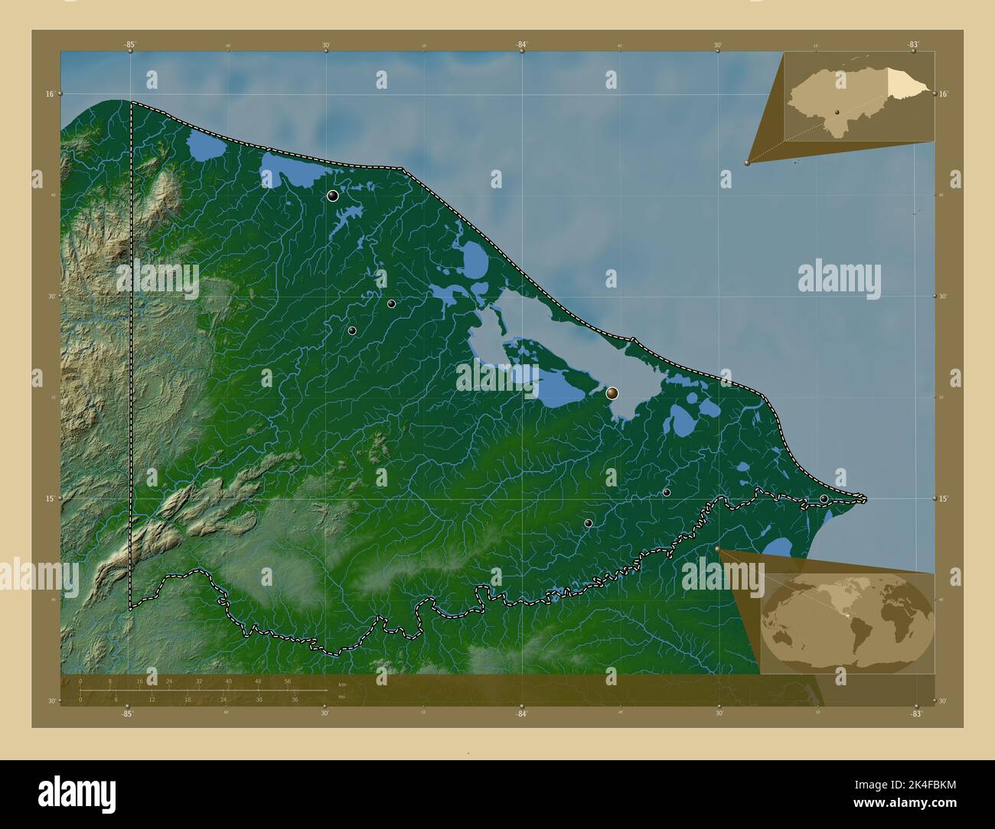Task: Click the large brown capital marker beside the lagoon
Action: coord(612,393)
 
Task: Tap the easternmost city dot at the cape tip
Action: coord(824,499)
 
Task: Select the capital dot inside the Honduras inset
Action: coord(838,112)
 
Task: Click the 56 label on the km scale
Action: coord(287,681)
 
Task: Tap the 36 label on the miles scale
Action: coord(295,699)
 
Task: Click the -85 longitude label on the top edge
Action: coord(130,45)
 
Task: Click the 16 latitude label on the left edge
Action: coord(49,93)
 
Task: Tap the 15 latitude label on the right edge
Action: coord(944,499)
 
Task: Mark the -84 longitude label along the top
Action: coord(521,45)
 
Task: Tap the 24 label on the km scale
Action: coord(169,681)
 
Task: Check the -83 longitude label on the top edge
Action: coord(913,45)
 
